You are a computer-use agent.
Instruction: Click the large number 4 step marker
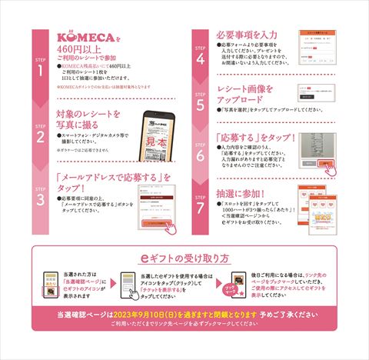pos(201,57)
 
